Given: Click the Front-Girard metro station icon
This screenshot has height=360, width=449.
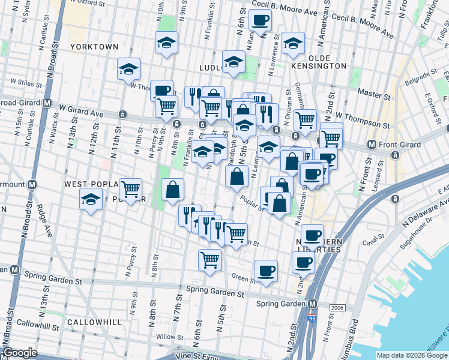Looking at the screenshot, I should tap(372, 144).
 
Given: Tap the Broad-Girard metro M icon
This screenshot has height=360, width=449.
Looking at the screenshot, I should tap(47, 103).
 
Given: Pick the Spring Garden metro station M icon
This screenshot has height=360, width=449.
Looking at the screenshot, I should tap(313, 304).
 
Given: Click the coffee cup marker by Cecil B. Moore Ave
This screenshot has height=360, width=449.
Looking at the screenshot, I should tap(260, 21).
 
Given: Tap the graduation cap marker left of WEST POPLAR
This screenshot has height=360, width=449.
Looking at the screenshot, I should tap(91, 199).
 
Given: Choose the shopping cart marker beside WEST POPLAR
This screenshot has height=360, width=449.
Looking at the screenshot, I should tap(130, 190).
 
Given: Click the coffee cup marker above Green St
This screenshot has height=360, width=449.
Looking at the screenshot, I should tap(266, 271).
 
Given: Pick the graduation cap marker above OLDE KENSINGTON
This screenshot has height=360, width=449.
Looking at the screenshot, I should tap(293, 43).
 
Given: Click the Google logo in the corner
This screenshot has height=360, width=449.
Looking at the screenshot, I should tap(20, 353).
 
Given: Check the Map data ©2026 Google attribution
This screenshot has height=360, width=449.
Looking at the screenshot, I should tap(412, 355).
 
